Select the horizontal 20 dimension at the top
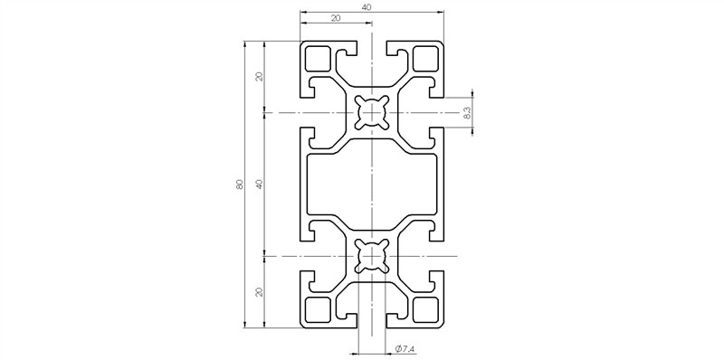tap(336, 18)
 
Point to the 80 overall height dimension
tap(239, 185)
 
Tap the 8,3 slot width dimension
tap(466, 113)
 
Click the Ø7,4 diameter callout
tap(405, 349)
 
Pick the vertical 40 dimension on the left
tap(259, 185)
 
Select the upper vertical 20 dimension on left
tap(259, 76)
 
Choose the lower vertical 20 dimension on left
tap(259, 292)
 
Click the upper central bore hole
tap(372, 113)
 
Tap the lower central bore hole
tap(372, 257)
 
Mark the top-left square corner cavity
tap(318, 59)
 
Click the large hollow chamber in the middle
tap(372, 185)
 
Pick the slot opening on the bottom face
tap(372, 321)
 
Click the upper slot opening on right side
tap(439, 113)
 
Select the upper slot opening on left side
tap(305, 113)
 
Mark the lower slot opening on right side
tap(439, 257)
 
